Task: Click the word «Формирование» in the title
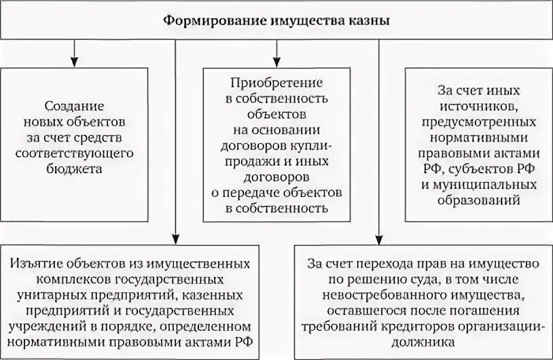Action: pos(203,20)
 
